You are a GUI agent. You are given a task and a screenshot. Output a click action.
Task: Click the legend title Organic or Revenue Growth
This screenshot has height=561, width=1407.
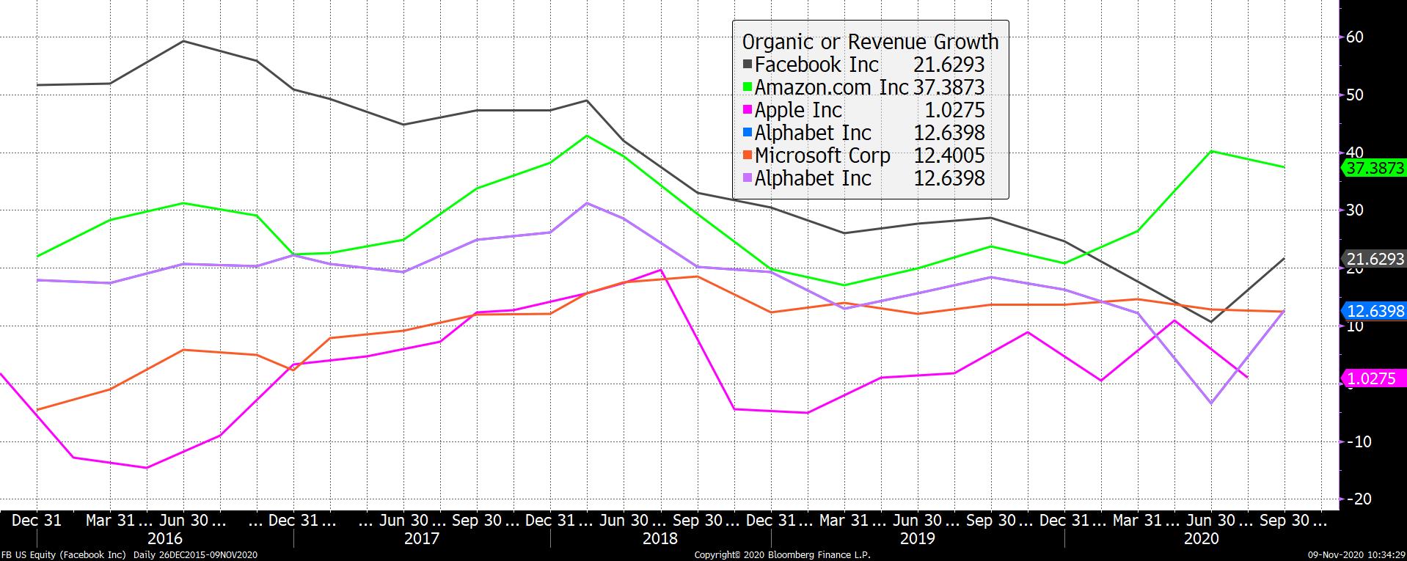(870, 42)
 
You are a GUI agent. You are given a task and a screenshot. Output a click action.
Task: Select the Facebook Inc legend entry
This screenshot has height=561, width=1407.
(816, 65)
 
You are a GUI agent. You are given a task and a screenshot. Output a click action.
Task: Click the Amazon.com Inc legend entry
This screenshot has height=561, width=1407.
(831, 87)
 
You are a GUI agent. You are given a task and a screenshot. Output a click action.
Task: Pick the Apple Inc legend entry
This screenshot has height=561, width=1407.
(798, 110)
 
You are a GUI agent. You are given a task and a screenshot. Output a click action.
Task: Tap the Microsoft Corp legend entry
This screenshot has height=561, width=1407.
(822, 155)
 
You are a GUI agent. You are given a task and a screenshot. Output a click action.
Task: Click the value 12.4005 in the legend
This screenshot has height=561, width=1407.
(949, 155)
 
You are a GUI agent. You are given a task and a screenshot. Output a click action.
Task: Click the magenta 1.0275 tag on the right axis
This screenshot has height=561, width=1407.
(1370, 379)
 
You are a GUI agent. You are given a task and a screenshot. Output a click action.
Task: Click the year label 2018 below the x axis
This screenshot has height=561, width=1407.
(660, 539)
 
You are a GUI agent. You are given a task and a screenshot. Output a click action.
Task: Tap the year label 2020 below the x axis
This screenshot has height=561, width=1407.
(1201, 539)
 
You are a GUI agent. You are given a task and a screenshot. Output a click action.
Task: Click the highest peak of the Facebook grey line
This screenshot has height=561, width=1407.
(183, 41)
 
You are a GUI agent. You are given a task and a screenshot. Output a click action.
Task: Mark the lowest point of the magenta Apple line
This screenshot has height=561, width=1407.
(146, 468)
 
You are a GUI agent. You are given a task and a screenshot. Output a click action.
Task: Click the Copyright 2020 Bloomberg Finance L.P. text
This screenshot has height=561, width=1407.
(782, 555)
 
